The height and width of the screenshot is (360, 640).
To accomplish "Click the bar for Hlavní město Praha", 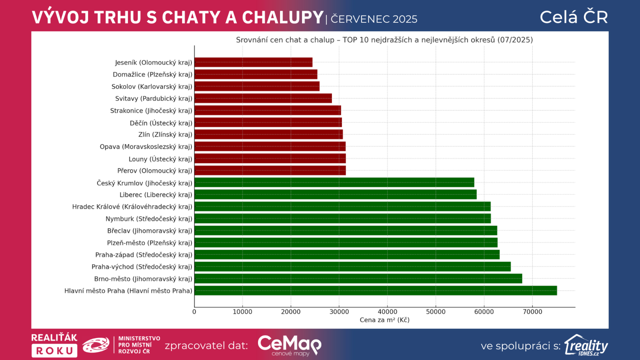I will tap(375, 291).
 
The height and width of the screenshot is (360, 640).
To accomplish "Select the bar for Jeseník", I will tap(253, 62).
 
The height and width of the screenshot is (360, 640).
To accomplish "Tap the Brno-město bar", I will tap(358, 279).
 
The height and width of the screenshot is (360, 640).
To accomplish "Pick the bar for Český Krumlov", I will tap(334, 183).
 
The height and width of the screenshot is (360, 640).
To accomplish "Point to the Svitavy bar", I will tap(263, 98).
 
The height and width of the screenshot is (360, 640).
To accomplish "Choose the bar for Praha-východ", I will tap(352, 267).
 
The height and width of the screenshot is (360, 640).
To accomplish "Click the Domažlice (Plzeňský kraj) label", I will tap(152, 74).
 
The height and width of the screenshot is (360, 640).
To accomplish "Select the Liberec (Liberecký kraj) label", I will tap(156, 195).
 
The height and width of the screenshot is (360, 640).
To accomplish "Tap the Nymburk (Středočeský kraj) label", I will tap(149, 219).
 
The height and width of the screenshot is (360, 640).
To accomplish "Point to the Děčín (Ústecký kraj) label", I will tap(161, 123).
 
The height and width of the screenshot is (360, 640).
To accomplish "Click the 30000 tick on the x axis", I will tap(339, 312).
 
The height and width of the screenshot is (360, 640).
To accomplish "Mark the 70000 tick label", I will tap(532, 312).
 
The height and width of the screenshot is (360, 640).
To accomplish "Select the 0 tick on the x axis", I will tap(194, 312).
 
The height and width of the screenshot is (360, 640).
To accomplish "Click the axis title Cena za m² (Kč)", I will tap(384, 320).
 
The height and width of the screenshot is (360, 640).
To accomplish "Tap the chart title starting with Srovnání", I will tap(384, 40).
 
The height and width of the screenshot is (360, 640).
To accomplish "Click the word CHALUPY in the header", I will tap(282, 18).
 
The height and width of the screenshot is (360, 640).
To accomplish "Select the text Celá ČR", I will tap(574, 17).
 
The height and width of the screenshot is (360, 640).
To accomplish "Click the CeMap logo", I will tap(289, 345).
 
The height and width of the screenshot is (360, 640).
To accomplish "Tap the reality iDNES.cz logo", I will tap(586, 345).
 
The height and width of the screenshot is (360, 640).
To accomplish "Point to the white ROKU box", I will tap(54, 351).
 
